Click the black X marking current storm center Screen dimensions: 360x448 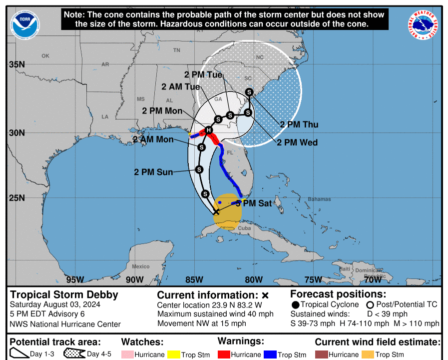point(216,212)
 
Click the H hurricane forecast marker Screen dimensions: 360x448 point(209,130)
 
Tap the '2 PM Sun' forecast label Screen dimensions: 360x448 point(153,172)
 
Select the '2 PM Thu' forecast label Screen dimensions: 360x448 point(299,124)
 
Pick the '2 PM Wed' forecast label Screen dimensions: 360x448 point(297,142)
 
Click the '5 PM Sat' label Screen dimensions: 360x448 point(254,203)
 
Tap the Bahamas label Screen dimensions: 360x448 point(319,199)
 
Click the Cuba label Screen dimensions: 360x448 point(244,228)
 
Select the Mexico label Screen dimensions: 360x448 point(141,266)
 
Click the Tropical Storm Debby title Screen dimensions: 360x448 point(64,294)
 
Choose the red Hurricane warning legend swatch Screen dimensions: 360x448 point(224,354)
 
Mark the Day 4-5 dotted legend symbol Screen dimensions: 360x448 point(73,354)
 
